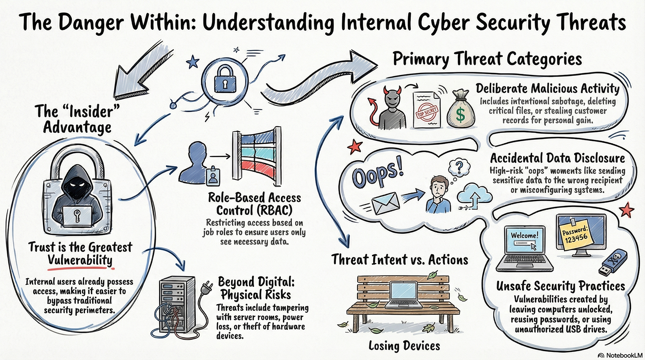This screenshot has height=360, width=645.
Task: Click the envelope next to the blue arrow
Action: [385, 203]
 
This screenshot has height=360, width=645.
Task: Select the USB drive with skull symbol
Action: [613, 262]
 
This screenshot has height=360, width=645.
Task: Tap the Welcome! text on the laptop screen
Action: [524, 235]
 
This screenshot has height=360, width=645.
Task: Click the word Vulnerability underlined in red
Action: [80, 260]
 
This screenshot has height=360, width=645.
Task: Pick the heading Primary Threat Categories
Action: [487, 59]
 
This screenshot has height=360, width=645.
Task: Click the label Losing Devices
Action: [404, 346]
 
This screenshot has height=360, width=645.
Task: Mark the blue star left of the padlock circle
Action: [193, 62]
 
